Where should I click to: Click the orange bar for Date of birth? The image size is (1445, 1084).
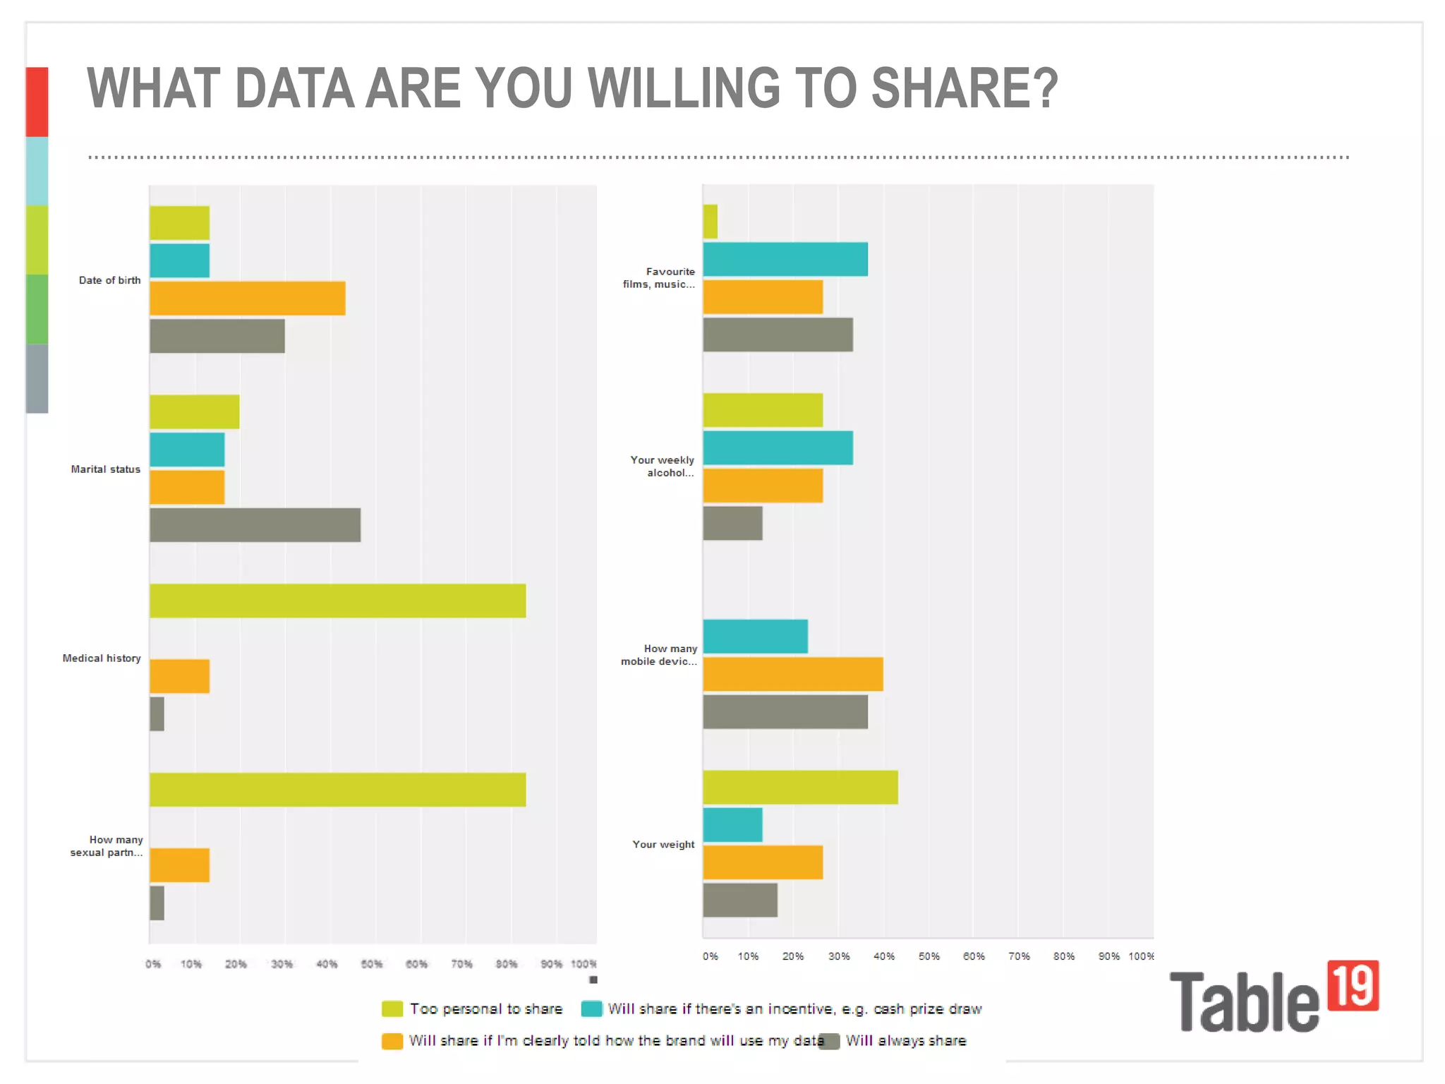[x=247, y=298]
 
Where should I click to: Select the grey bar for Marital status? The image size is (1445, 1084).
[x=255, y=525]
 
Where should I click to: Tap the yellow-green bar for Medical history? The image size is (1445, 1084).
[x=337, y=601]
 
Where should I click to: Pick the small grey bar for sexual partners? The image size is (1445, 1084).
[x=157, y=903]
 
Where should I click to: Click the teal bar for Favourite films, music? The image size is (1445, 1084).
[x=785, y=259]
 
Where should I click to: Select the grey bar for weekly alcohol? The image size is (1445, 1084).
[x=732, y=523]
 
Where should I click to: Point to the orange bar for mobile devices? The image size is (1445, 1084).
[x=792, y=674]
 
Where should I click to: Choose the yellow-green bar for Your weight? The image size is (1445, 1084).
[x=800, y=787]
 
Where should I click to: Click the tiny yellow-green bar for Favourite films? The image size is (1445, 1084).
[x=710, y=222]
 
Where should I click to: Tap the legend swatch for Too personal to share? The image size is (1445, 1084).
[x=392, y=1008]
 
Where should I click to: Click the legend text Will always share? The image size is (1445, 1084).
[x=905, y=1040]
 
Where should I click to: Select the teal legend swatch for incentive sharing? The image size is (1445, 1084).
[x=591, y=1008]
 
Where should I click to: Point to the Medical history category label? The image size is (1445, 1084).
[x=102, y=658]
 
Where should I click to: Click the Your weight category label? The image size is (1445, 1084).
[x=663, y=844]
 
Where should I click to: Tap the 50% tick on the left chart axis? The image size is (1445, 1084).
[x=372, y=964]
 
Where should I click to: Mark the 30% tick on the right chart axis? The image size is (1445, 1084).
[x=838, y=956]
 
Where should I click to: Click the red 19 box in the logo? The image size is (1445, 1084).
[x=1353, y=985]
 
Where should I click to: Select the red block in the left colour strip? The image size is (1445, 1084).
[x=37, y=102]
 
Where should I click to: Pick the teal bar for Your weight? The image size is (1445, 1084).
[x=732, y=825]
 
